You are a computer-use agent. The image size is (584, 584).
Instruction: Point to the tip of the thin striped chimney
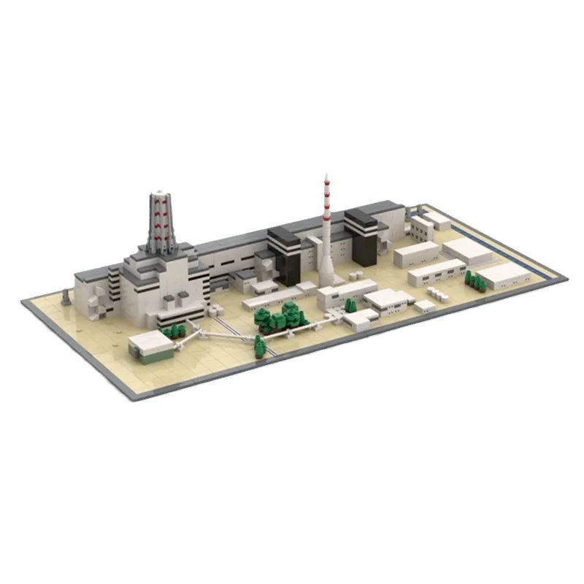pos(326,175)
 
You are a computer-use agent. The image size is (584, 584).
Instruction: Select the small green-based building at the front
pos(151,345)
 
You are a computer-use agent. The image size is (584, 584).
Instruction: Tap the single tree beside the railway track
pos(259,346)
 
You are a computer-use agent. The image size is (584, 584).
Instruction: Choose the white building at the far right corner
pos(504,273)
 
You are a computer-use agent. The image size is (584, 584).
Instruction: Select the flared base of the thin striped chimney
pos(327,276)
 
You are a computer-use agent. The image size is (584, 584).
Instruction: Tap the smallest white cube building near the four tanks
pos(424,306)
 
